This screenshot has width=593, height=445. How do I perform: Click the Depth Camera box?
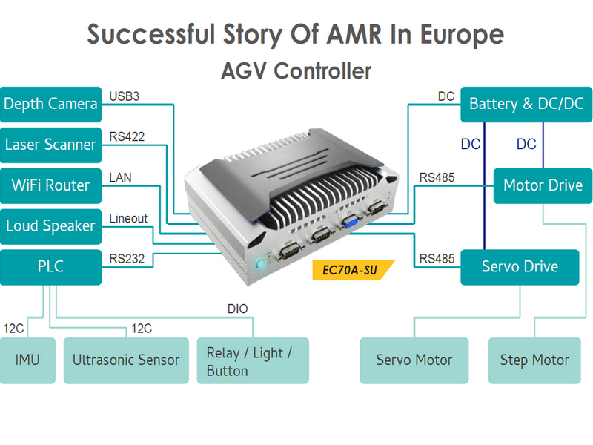click(x=51, y=104)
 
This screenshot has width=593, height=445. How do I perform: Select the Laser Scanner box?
click(x=51, y=145)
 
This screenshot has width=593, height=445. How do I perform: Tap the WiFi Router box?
click(x=51, y=185)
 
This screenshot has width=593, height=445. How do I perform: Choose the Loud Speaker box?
click(x=51, y=226)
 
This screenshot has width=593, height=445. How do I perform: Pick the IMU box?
click(x=27, y=360)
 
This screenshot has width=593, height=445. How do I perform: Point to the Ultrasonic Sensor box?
click(x=126, y=360)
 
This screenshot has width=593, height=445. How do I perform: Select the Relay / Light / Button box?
click(x=252, y=361)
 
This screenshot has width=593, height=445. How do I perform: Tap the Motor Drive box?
click(x=543, y=185)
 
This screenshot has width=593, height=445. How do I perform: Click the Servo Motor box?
click(x=414, y=360)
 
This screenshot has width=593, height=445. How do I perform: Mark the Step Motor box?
click(x=534, y=360)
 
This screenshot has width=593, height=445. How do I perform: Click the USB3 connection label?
click(x=125, y=96)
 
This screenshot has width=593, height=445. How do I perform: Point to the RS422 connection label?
click(x=127, y=136)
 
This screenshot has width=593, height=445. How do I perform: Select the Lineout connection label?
click(x=128, y=219)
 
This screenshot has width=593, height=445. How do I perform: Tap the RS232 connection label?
click(x=127, y=259)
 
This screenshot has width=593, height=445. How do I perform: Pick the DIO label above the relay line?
click(x=237, y=309)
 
